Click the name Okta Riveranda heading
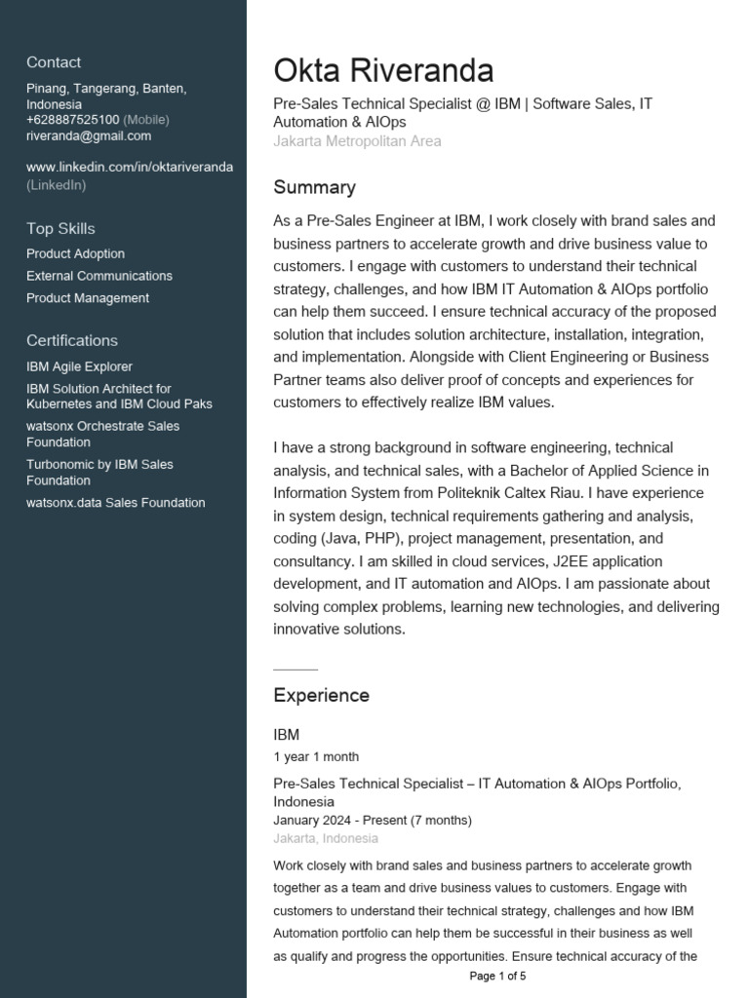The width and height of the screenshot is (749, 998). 383,70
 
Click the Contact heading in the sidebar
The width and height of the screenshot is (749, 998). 54,62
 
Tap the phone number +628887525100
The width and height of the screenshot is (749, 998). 73,120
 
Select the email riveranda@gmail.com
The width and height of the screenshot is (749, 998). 89,135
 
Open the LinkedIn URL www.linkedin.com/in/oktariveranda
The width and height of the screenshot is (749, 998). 130,167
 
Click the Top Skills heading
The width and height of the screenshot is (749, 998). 60,228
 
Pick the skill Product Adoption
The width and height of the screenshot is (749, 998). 75,253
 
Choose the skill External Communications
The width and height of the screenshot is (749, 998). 99,276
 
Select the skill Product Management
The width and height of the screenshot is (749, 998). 88,298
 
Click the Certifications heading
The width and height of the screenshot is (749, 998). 72,340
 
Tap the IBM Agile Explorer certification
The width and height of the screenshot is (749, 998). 79,365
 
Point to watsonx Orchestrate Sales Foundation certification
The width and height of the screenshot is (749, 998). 102,434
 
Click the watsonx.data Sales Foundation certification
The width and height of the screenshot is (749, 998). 115,503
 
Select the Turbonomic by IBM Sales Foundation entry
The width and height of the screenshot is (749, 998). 99,472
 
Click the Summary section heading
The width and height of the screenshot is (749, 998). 314,187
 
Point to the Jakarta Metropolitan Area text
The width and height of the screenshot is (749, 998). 357,141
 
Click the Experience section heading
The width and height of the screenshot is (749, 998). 321,695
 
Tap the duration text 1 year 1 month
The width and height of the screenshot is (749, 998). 316,756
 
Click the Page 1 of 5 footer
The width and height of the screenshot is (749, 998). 497,976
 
